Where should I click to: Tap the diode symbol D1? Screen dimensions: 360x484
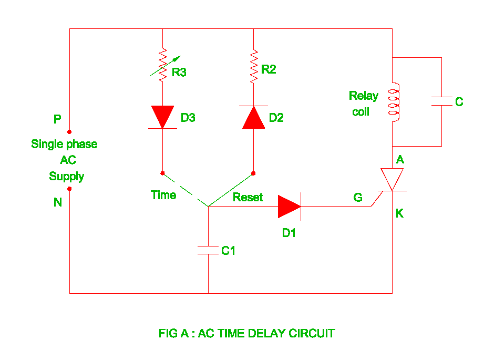pyautogui.click(x=290, y=206)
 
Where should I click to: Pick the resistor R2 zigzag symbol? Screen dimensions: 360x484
pyautogui.click(x=253, y=66)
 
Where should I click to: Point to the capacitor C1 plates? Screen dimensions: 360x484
pyautogui.click(x=208, y=250)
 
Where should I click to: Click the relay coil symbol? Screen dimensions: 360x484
pyautogui.click(x=393, y=102)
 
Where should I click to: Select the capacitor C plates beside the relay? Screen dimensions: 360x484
pyautogui.click(x=441, y=101)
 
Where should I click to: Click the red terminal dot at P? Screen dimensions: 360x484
pyautogui.click(x=69, y=132)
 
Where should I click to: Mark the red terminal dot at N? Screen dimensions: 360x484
pyautogui.click(x=69, y=189)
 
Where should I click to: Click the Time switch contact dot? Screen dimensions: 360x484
pyautogui.click(x=162, y=173)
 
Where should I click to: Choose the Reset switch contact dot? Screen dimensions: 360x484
pyautogui.click(x=253, y=173)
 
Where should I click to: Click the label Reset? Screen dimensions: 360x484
pyautogui.click(x=248, y=197)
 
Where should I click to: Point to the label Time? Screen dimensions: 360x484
pyautogui.click(x=163, y=195)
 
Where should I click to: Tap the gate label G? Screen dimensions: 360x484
pyautogui.click(x=358, y=197)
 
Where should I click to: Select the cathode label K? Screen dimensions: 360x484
pyautogui.click(x=399, y=214)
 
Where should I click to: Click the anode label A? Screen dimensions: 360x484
pyautogui.click(x=400, y=160)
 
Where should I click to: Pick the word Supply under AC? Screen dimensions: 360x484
pyautogui.click(x=67, y=176)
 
